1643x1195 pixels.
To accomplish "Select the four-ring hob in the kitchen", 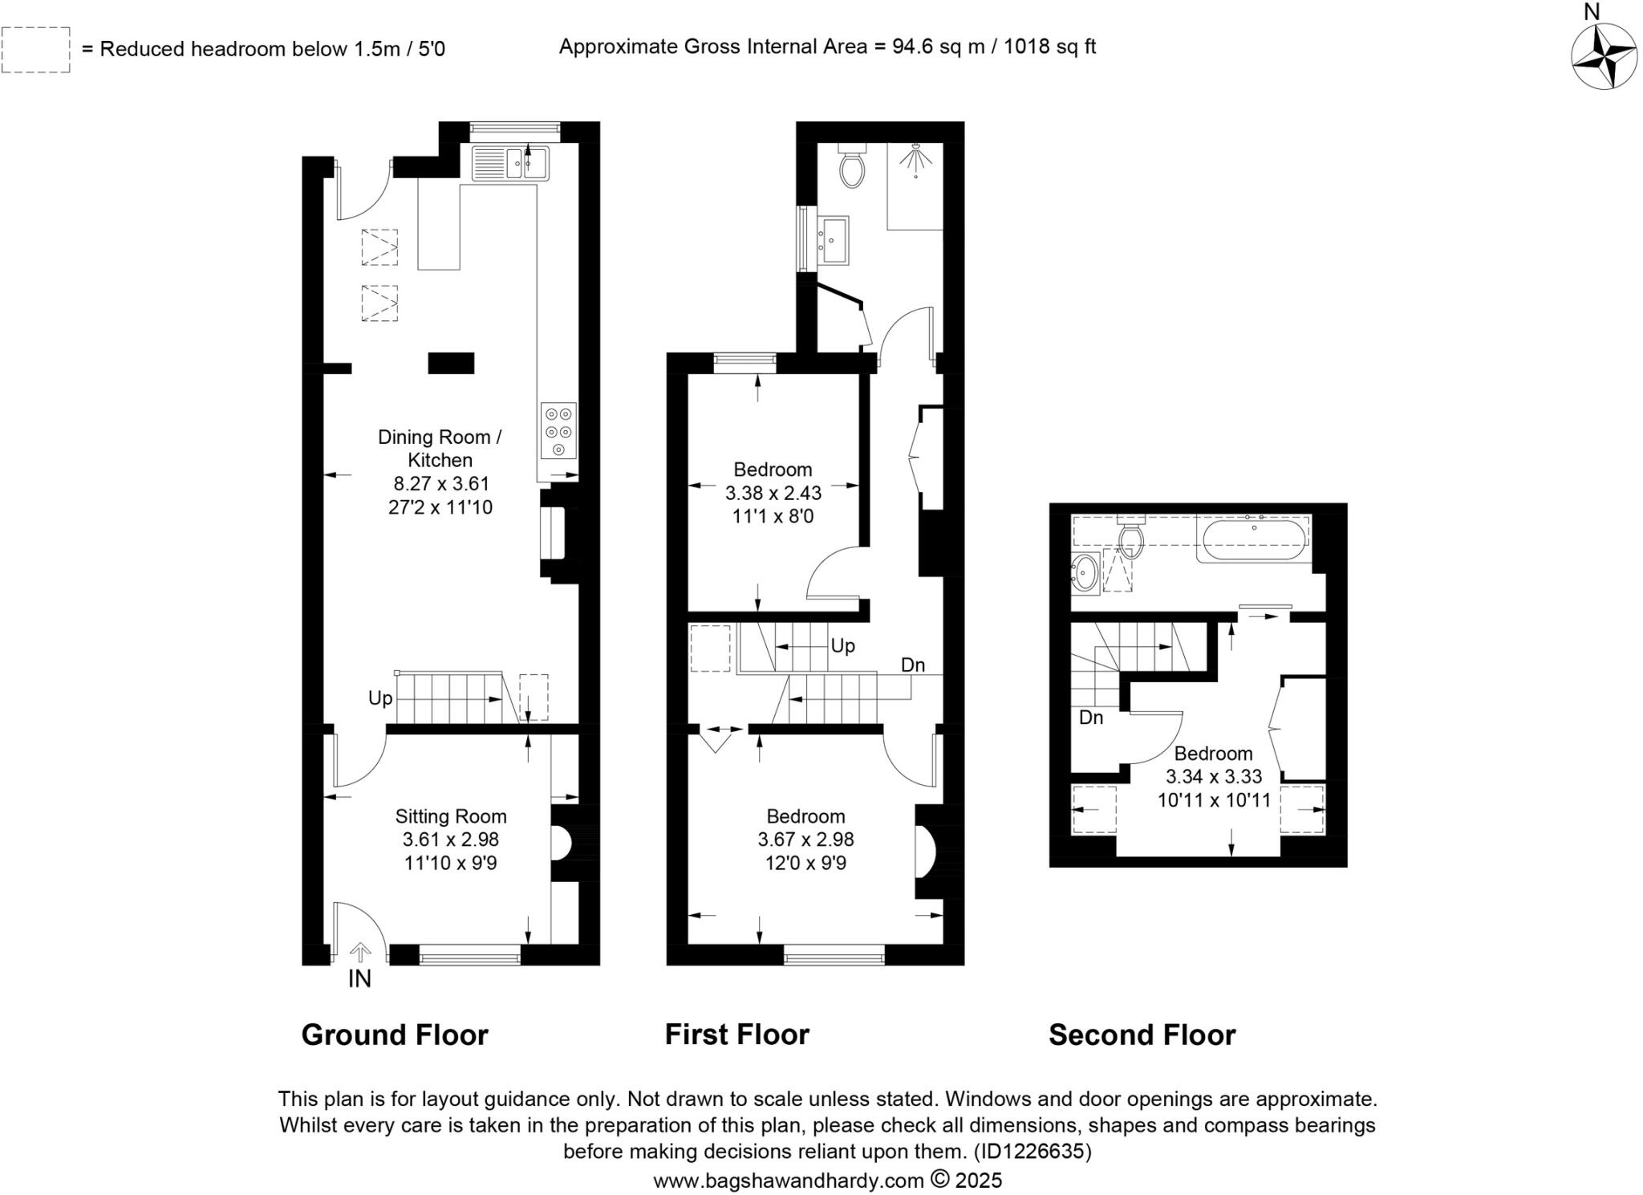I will [x=558, y=430].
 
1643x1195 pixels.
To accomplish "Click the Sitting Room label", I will [x=451, y=816].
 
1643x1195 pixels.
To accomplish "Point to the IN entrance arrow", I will [x=360, y=953].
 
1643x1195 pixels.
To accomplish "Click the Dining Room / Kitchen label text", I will [x=440, y=448].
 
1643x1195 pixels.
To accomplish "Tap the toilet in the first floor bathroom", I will [x=851, y=167].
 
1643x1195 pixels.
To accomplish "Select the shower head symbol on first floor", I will [x=915, y=160].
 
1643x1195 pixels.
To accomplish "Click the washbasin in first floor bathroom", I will [x=835, y=239].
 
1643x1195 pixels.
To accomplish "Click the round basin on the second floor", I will [x=1085, y=574].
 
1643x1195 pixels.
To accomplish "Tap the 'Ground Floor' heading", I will [x=395, y=1034].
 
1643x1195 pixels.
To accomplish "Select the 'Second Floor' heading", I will [x=1142, y=1034].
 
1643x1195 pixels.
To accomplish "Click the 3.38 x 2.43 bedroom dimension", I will [x=773, y=493].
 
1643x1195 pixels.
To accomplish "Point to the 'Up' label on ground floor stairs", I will [x=380, y=698].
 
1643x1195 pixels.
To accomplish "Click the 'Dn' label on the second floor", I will [x=1090, y=717].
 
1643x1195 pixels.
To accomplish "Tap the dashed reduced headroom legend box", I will [x=36, y=50].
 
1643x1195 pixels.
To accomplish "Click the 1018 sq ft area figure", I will [x=1049, y=47].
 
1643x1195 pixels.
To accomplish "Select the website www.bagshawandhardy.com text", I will [x=789, y=1181].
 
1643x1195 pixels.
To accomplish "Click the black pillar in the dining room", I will [x=451, y=363].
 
